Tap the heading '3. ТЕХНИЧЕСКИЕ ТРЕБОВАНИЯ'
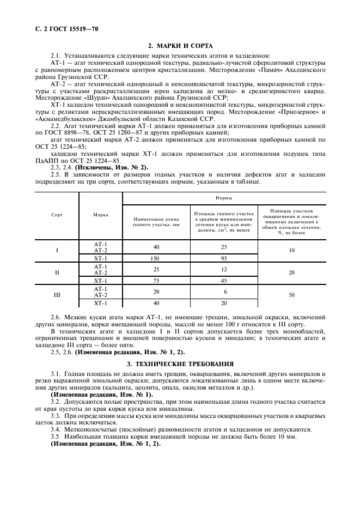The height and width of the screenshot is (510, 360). [180, 363]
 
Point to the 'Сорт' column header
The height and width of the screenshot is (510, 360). [57, 215]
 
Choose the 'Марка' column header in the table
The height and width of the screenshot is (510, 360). [100, 215]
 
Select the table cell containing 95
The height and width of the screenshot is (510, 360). [224, 258]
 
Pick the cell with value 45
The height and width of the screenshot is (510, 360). [224, 281]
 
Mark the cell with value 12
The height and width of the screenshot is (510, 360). [224, 269]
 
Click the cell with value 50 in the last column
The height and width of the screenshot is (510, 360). [291, 295]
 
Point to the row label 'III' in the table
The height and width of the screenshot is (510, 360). [57, 295]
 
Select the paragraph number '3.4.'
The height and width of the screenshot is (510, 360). [57, 429]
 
